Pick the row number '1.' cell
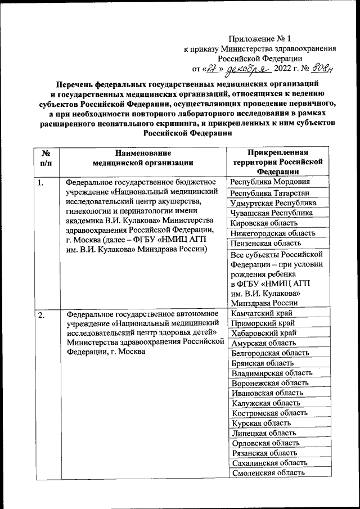point(41,182)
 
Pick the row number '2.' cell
point(41,315)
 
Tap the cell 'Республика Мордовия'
point(269,182)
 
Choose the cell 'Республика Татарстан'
point(269,193)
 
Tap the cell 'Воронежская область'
point(269,383)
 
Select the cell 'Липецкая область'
point(263,433)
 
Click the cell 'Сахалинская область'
point(269,463)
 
